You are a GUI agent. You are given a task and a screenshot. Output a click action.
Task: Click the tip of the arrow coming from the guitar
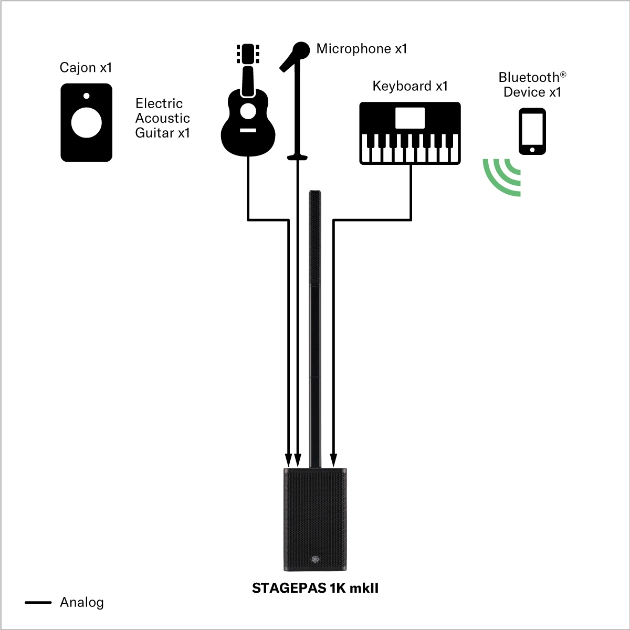[288, 467]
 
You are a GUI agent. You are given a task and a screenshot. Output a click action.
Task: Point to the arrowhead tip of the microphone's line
[298, 467]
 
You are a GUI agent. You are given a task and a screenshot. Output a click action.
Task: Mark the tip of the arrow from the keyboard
[333, 467]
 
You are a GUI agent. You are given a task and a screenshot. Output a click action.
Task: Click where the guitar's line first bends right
[248, 219]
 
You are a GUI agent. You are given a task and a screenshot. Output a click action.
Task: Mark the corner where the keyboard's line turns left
[411, 219]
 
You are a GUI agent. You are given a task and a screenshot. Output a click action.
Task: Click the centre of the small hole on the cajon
[86, 96]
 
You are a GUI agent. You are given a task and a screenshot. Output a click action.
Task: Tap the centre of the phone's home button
[532, 150]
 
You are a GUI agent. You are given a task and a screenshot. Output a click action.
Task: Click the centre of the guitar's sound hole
[248, 111]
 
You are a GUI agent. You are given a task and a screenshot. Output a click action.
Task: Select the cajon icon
[86, 123]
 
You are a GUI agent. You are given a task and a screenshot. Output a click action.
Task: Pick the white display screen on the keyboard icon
[410, 118]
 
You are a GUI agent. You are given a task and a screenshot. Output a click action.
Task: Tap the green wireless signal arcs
[501, 177]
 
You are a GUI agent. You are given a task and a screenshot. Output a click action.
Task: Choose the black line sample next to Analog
[38, 602]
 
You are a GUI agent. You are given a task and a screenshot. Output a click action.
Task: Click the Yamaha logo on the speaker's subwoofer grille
[315, 559]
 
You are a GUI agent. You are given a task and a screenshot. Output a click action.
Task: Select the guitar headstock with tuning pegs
[248, 54]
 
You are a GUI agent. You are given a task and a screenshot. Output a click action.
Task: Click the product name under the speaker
[315, 588]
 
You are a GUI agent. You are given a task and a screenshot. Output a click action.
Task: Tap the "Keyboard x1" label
[410, 86]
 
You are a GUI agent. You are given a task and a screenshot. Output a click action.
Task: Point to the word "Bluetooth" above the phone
[529, 78]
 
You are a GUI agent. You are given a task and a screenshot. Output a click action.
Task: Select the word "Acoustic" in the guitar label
[162, 118]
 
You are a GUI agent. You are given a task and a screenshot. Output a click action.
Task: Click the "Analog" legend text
[82, 603]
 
